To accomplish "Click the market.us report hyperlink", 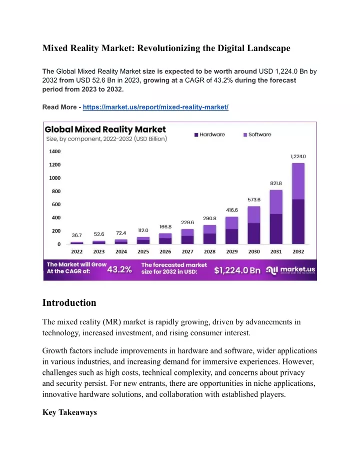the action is (x=155, y=107).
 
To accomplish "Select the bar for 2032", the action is (x=298, y=204).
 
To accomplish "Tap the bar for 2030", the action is (x=254, y=225).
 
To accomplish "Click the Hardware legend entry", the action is (x=209, y=135).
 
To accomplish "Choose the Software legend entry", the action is (x=257, y=135).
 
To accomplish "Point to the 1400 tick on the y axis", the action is (x=55, y=152).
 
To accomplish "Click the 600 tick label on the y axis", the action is (x=56, y=204).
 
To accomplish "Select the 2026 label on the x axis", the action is (x=165, y=252).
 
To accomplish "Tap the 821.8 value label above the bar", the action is (x=276, y=183).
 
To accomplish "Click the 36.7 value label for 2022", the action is (x=76, y=235).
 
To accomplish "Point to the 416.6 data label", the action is (x=232, y=210).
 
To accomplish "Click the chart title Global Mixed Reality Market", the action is (x=105, y=130).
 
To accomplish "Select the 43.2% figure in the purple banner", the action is (x=119, y=270).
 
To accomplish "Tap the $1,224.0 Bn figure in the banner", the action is (x=237, y=270).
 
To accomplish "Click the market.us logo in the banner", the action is (x=290, y=270).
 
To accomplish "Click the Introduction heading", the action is (x=69, y=303).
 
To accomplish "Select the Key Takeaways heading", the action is (x=69, y=412).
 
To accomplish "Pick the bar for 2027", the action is (x=187, y=237).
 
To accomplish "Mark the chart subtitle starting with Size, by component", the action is (x=106, y=139).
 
